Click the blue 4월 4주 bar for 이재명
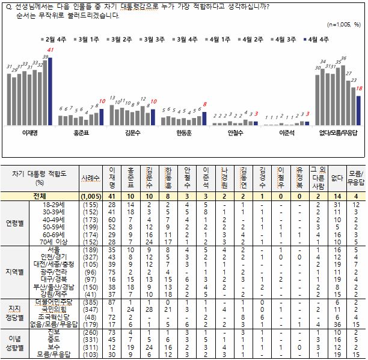[51, 91]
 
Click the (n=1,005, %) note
[343, 25]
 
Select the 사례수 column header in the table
[91, 178]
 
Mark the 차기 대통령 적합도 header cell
[40, 177]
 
